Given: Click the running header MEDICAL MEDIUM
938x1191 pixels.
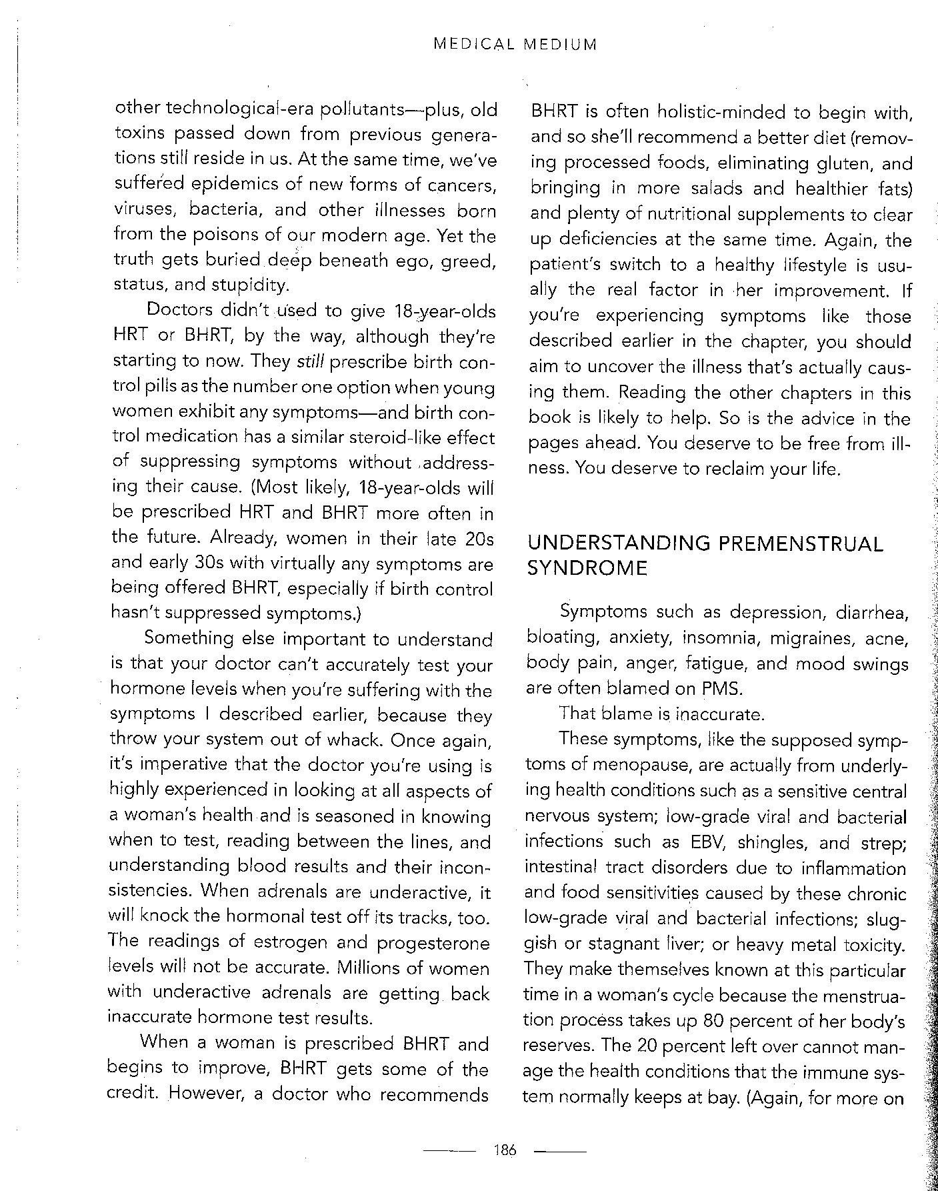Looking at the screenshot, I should pos(515,45).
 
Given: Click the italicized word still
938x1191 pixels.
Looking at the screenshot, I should pos(310,362).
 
